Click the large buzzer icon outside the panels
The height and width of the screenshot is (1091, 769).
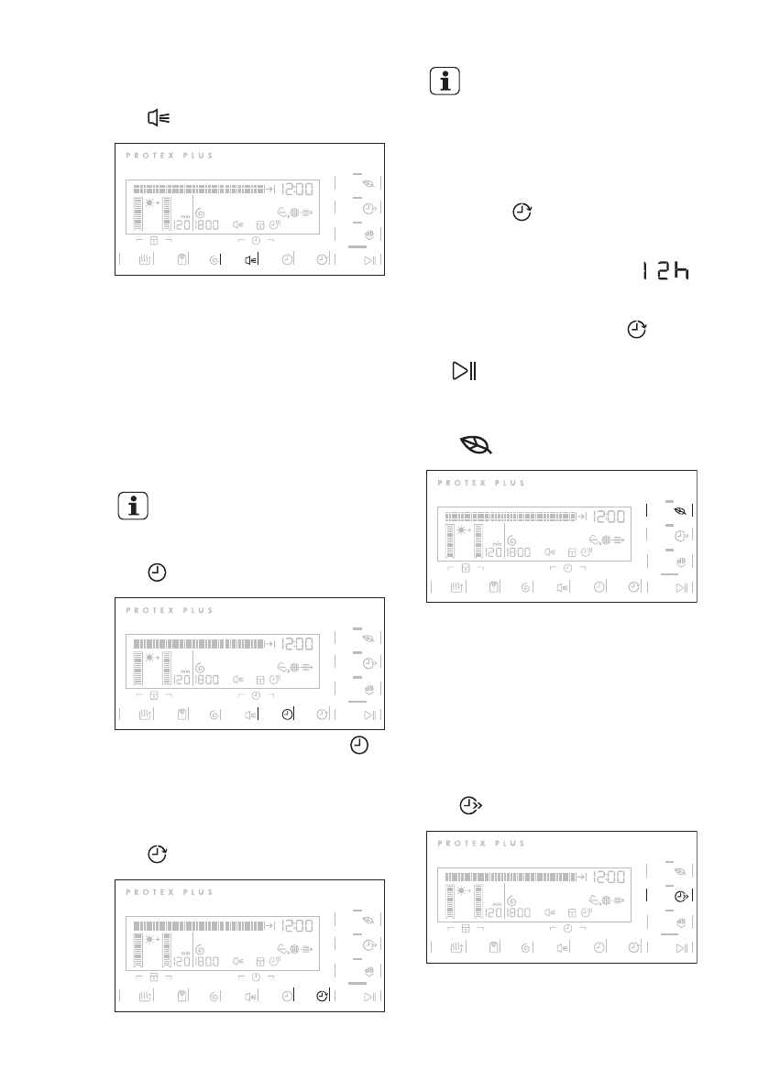(159, 118)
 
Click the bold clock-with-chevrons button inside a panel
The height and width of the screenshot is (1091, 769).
(681, 897)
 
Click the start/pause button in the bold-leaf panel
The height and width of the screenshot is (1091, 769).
(682, 587)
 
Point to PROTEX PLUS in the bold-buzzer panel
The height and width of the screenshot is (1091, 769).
(170, 156)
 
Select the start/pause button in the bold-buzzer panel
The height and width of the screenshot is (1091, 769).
(370, 260)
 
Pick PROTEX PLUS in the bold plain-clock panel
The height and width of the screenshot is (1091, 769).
(170, 610)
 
